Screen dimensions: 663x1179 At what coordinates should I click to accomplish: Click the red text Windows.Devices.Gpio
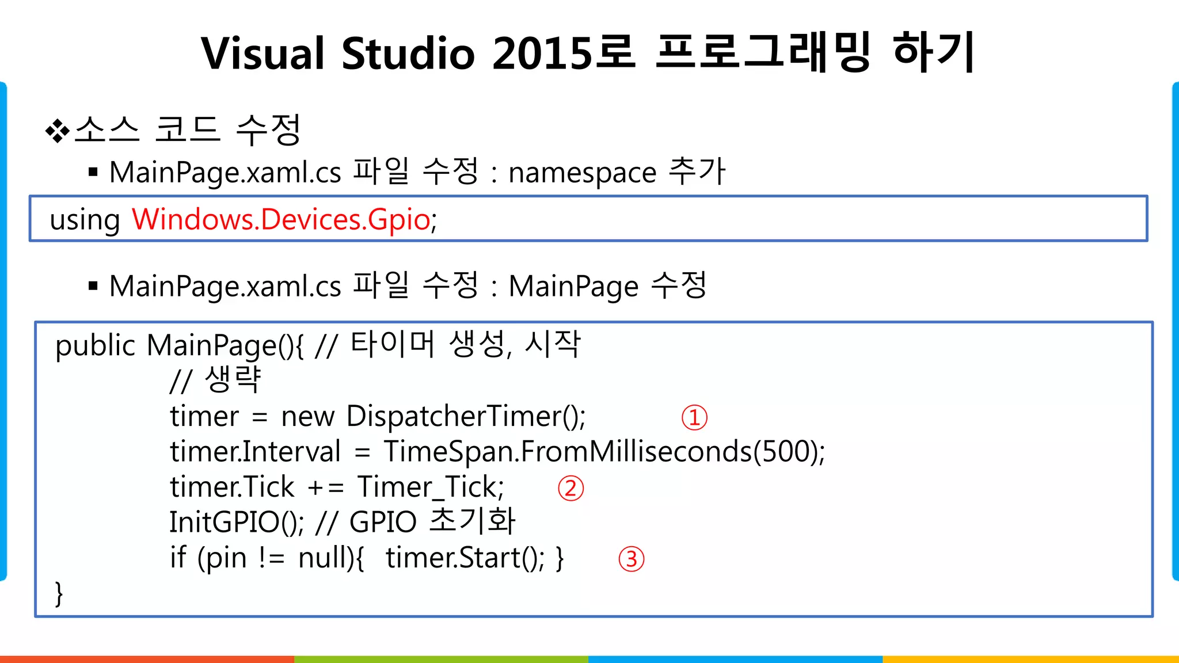coord(281,220)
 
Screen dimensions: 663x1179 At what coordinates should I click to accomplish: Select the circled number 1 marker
coord(694,418)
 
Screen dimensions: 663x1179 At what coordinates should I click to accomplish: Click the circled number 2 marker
coord(571,489)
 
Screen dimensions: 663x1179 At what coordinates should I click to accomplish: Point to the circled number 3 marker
coord(631,559)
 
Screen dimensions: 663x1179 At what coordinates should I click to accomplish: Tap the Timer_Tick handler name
coord(429,487)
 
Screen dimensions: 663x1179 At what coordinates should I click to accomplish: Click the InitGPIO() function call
coord(235,523)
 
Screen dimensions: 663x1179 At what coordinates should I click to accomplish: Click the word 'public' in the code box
coord(95,346)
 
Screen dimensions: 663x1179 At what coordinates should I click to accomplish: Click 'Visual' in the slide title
coord(263,54)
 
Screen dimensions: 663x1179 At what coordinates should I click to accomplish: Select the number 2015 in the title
coord(542,54)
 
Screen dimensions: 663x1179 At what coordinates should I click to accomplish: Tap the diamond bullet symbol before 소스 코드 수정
coord(57,131)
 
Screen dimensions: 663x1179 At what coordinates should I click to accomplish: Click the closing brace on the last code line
coord(59,593)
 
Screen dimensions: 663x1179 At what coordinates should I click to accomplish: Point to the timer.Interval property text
coord(255,452)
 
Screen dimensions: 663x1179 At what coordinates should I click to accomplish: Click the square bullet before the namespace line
coord(93,172)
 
